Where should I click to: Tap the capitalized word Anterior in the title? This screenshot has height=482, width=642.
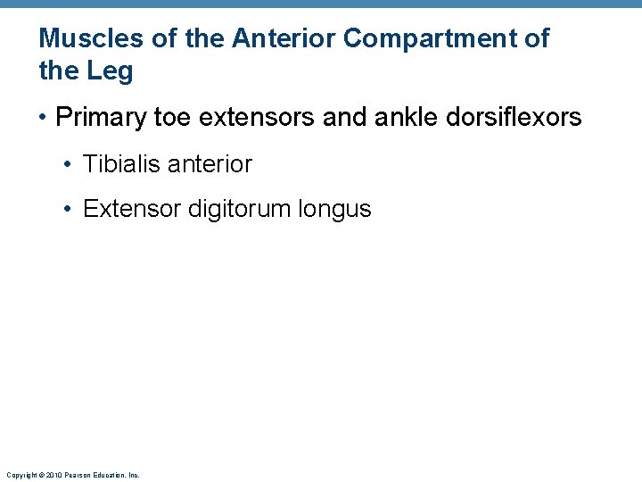[x=284, y=38]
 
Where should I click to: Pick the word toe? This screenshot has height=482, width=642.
[x=172, y=117]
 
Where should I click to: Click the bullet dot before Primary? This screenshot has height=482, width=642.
[x=44, y=118]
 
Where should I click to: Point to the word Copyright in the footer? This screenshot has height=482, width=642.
[x=21, y=476]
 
